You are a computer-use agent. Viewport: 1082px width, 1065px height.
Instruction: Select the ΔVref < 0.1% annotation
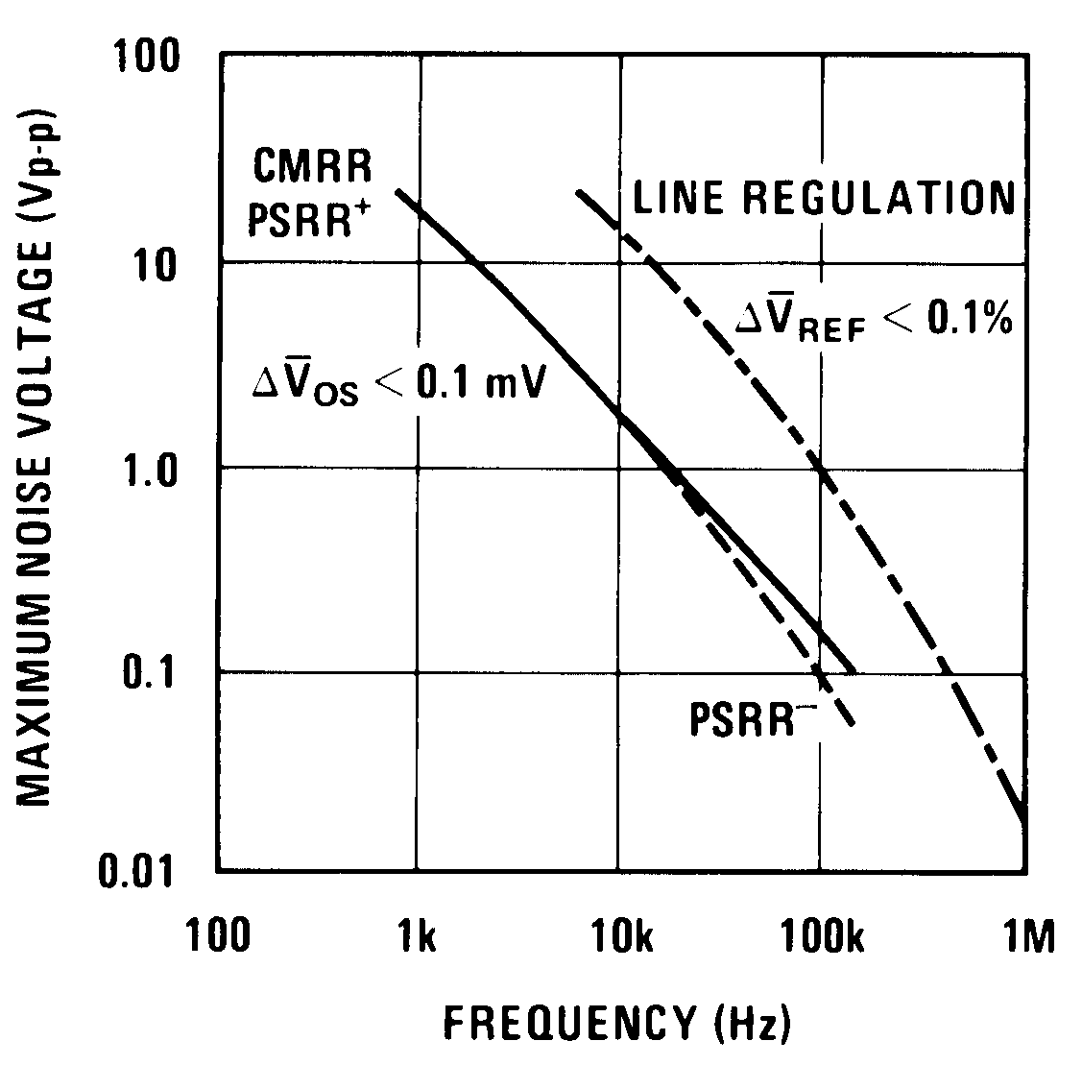tap(874, 319)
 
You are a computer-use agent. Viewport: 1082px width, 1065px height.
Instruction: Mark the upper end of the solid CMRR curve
tap(398, 191)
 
